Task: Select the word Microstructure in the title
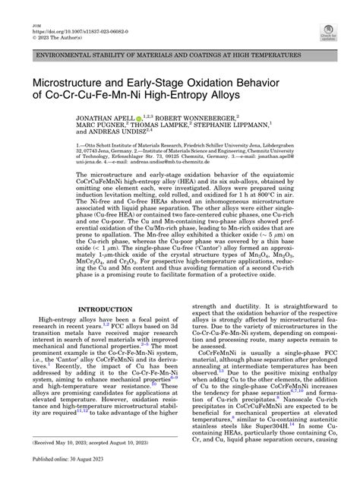point(77,81)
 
